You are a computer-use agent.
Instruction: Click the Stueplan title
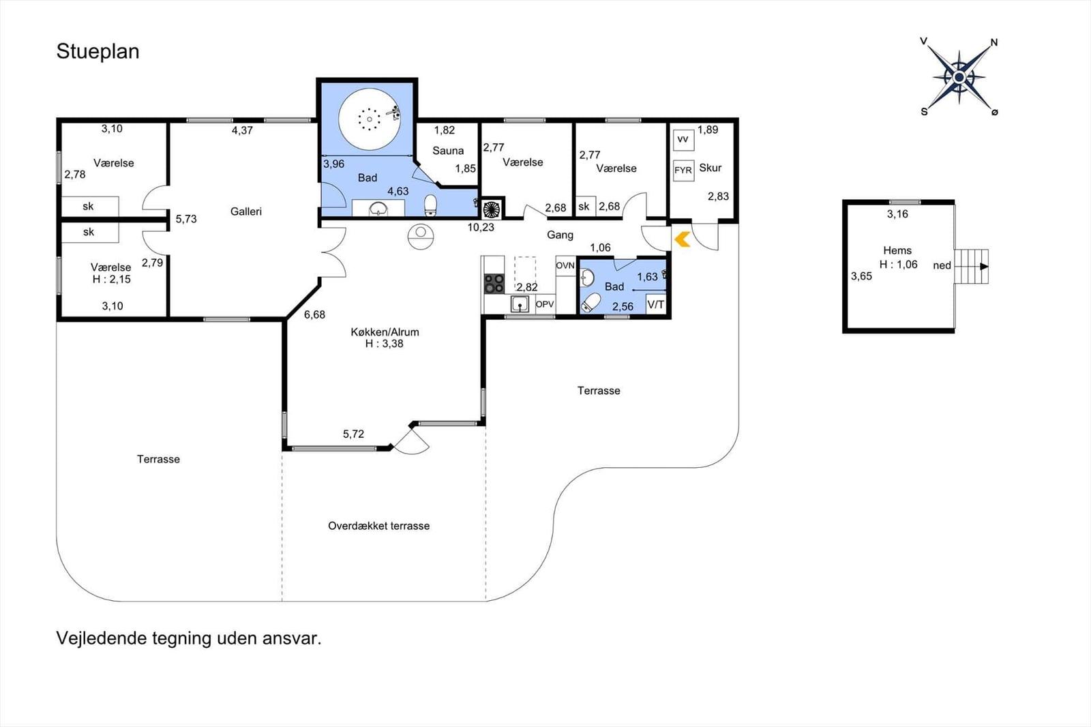[x=98, y=52]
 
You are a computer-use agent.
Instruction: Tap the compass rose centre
[x=959, y=77]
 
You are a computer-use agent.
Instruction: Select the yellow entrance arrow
[x=682, y=239]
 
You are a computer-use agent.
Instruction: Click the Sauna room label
[x=448, y=151]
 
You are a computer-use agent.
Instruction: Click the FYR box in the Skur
[x=683, y=170]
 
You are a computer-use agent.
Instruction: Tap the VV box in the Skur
[x=683, y=140]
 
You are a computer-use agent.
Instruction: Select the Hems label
[x=897, y=251]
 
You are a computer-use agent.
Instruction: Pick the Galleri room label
[x=246, y=211]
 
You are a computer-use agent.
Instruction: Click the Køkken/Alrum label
[x=385, y=332]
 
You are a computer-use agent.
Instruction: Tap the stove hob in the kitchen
[x=494, y=283]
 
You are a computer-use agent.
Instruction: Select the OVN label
[x=565, y=265]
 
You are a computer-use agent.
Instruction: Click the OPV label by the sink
[x=545, y=304]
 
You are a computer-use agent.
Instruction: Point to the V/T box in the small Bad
[x=655, y=305]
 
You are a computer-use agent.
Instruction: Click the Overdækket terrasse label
[x=378, y=526]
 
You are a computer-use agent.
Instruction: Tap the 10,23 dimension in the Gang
[x=481, y=227]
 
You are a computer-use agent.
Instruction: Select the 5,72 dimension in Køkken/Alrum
[x=353, y=434]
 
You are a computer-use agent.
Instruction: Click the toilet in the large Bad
[x=430, y=205]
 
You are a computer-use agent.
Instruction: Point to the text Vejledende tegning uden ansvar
[x=188, y=638]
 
